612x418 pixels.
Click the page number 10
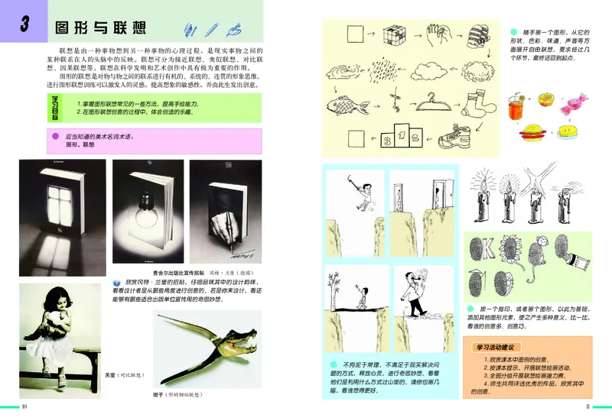[24, 406]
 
